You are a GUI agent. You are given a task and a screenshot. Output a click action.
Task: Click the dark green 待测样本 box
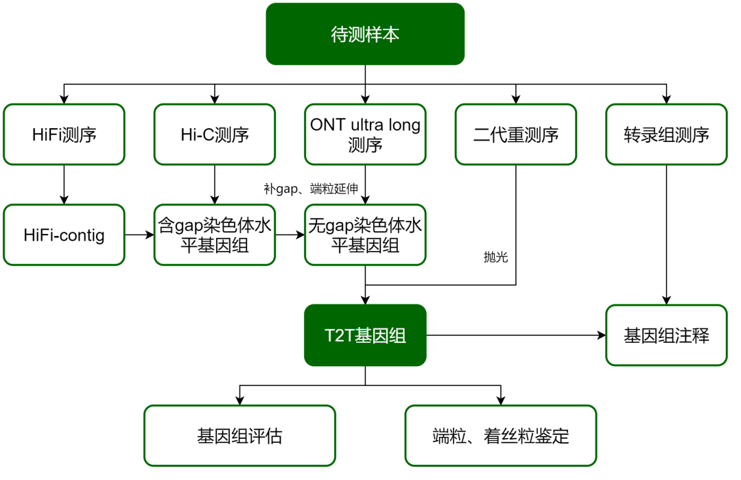click(x=365, y=34)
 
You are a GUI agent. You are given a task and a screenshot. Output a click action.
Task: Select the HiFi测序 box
click(x=64, y=134)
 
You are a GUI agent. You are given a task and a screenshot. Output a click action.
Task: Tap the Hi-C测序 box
click(x=215, y=134)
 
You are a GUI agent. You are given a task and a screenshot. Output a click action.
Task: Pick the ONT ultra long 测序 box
click(x=365, y=134)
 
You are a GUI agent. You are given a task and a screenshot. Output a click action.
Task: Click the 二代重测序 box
click(x=516, y=134)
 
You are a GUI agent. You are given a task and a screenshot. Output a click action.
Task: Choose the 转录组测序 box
click(x=666, y=134)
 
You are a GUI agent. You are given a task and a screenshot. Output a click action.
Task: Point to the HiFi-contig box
click(x=64, y=235)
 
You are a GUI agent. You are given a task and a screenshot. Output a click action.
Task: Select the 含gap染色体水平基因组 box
click(x=215, y=235)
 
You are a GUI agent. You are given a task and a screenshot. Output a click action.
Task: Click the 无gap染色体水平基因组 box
click(x=365, y=235)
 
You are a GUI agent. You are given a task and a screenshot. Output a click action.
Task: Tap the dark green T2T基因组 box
click(x=365, y=335)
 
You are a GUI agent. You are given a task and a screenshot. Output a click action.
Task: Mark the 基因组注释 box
click(x=666, y=335)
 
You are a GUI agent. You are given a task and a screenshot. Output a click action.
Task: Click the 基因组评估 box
click(x=239, y=436)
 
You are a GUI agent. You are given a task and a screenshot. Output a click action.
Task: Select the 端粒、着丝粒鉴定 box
click(x=501, y=436)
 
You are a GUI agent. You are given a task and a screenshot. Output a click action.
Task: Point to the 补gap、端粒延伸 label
click(x=310, y=187)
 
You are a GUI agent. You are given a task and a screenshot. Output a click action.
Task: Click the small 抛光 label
click(x=495, y=257)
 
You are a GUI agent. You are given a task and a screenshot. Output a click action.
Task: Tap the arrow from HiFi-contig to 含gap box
click(x=139, y=235)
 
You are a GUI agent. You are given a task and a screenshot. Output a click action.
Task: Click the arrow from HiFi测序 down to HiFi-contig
click(x=64, y=184)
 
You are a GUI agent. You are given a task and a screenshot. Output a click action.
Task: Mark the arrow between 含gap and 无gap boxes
click(x=290, y=235)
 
